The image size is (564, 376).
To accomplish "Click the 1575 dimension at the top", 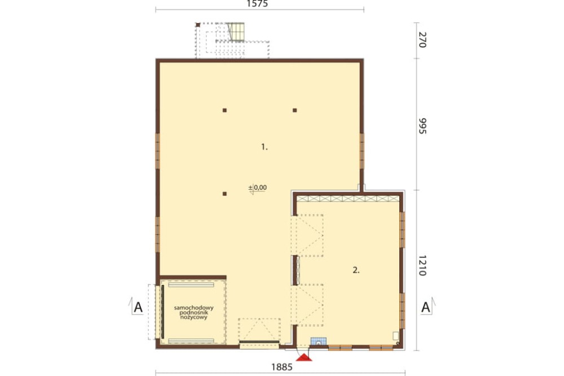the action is coord(258,4).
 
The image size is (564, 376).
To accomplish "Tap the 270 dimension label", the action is coord(422,40).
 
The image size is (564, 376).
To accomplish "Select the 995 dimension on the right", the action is coord(422,126).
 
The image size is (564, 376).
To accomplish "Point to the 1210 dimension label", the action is coord(422,265).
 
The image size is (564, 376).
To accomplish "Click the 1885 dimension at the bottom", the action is coord(281,367).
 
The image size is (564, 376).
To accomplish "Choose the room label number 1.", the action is coord(265,147).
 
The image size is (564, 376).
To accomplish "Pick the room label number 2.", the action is coord(356,270).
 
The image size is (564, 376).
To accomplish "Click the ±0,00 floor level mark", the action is coord(258,187).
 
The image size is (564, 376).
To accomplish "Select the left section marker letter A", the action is coord(138,308).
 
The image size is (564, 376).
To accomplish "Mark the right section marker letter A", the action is coord(425,308).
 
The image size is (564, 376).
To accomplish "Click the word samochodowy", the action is coord(193,308).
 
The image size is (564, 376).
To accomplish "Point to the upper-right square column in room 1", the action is coord(294,110).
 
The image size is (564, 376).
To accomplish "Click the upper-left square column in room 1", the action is coord(224,110).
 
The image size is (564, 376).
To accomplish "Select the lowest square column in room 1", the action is coord(224,194).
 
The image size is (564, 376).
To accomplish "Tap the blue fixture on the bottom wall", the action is coord(318,342).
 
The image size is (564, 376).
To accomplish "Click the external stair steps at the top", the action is coord(236,32).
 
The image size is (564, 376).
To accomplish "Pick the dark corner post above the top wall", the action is coord(197,25).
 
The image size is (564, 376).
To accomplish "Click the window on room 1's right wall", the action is coord(362,151).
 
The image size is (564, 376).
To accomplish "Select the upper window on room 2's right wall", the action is coord(403,229).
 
